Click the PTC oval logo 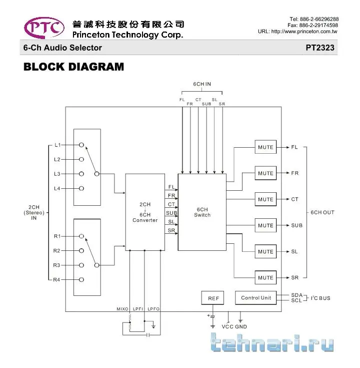pyautogui.click(x=43, y=28)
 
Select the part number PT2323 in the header pyautogui.click(x=320, y=48)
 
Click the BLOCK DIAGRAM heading pyautogui.click(x=73, y=67)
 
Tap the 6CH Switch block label pyautogui.click(x=202, y=212)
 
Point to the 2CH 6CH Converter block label pyautogui.click(x=145, y=212)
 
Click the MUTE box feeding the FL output pyautogui.click(x=265, y=147)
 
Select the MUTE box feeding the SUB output pyautogui.click(x=265, y=225)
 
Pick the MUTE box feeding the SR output pyautogui.click(x=265, y=277)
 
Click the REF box pyautogui.click(x=213, y=298)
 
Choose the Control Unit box pyautogui.click(x=256, y=298)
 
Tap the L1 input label pyautogui.click(x=57, y=145)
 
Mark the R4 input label pyautogui.click(x=57, y=279)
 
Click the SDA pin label pyautogui.click(x=296, y=295)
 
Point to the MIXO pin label pyautogui.click(x=122, y=309)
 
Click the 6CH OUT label pyautogui.click(x=322, y=212)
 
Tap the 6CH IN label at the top pyautogui.click(x=202, y=84)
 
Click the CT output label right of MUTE pyautogui.click(x=295, y=199)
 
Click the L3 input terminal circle pyautogui.click(x=81, y=174)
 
